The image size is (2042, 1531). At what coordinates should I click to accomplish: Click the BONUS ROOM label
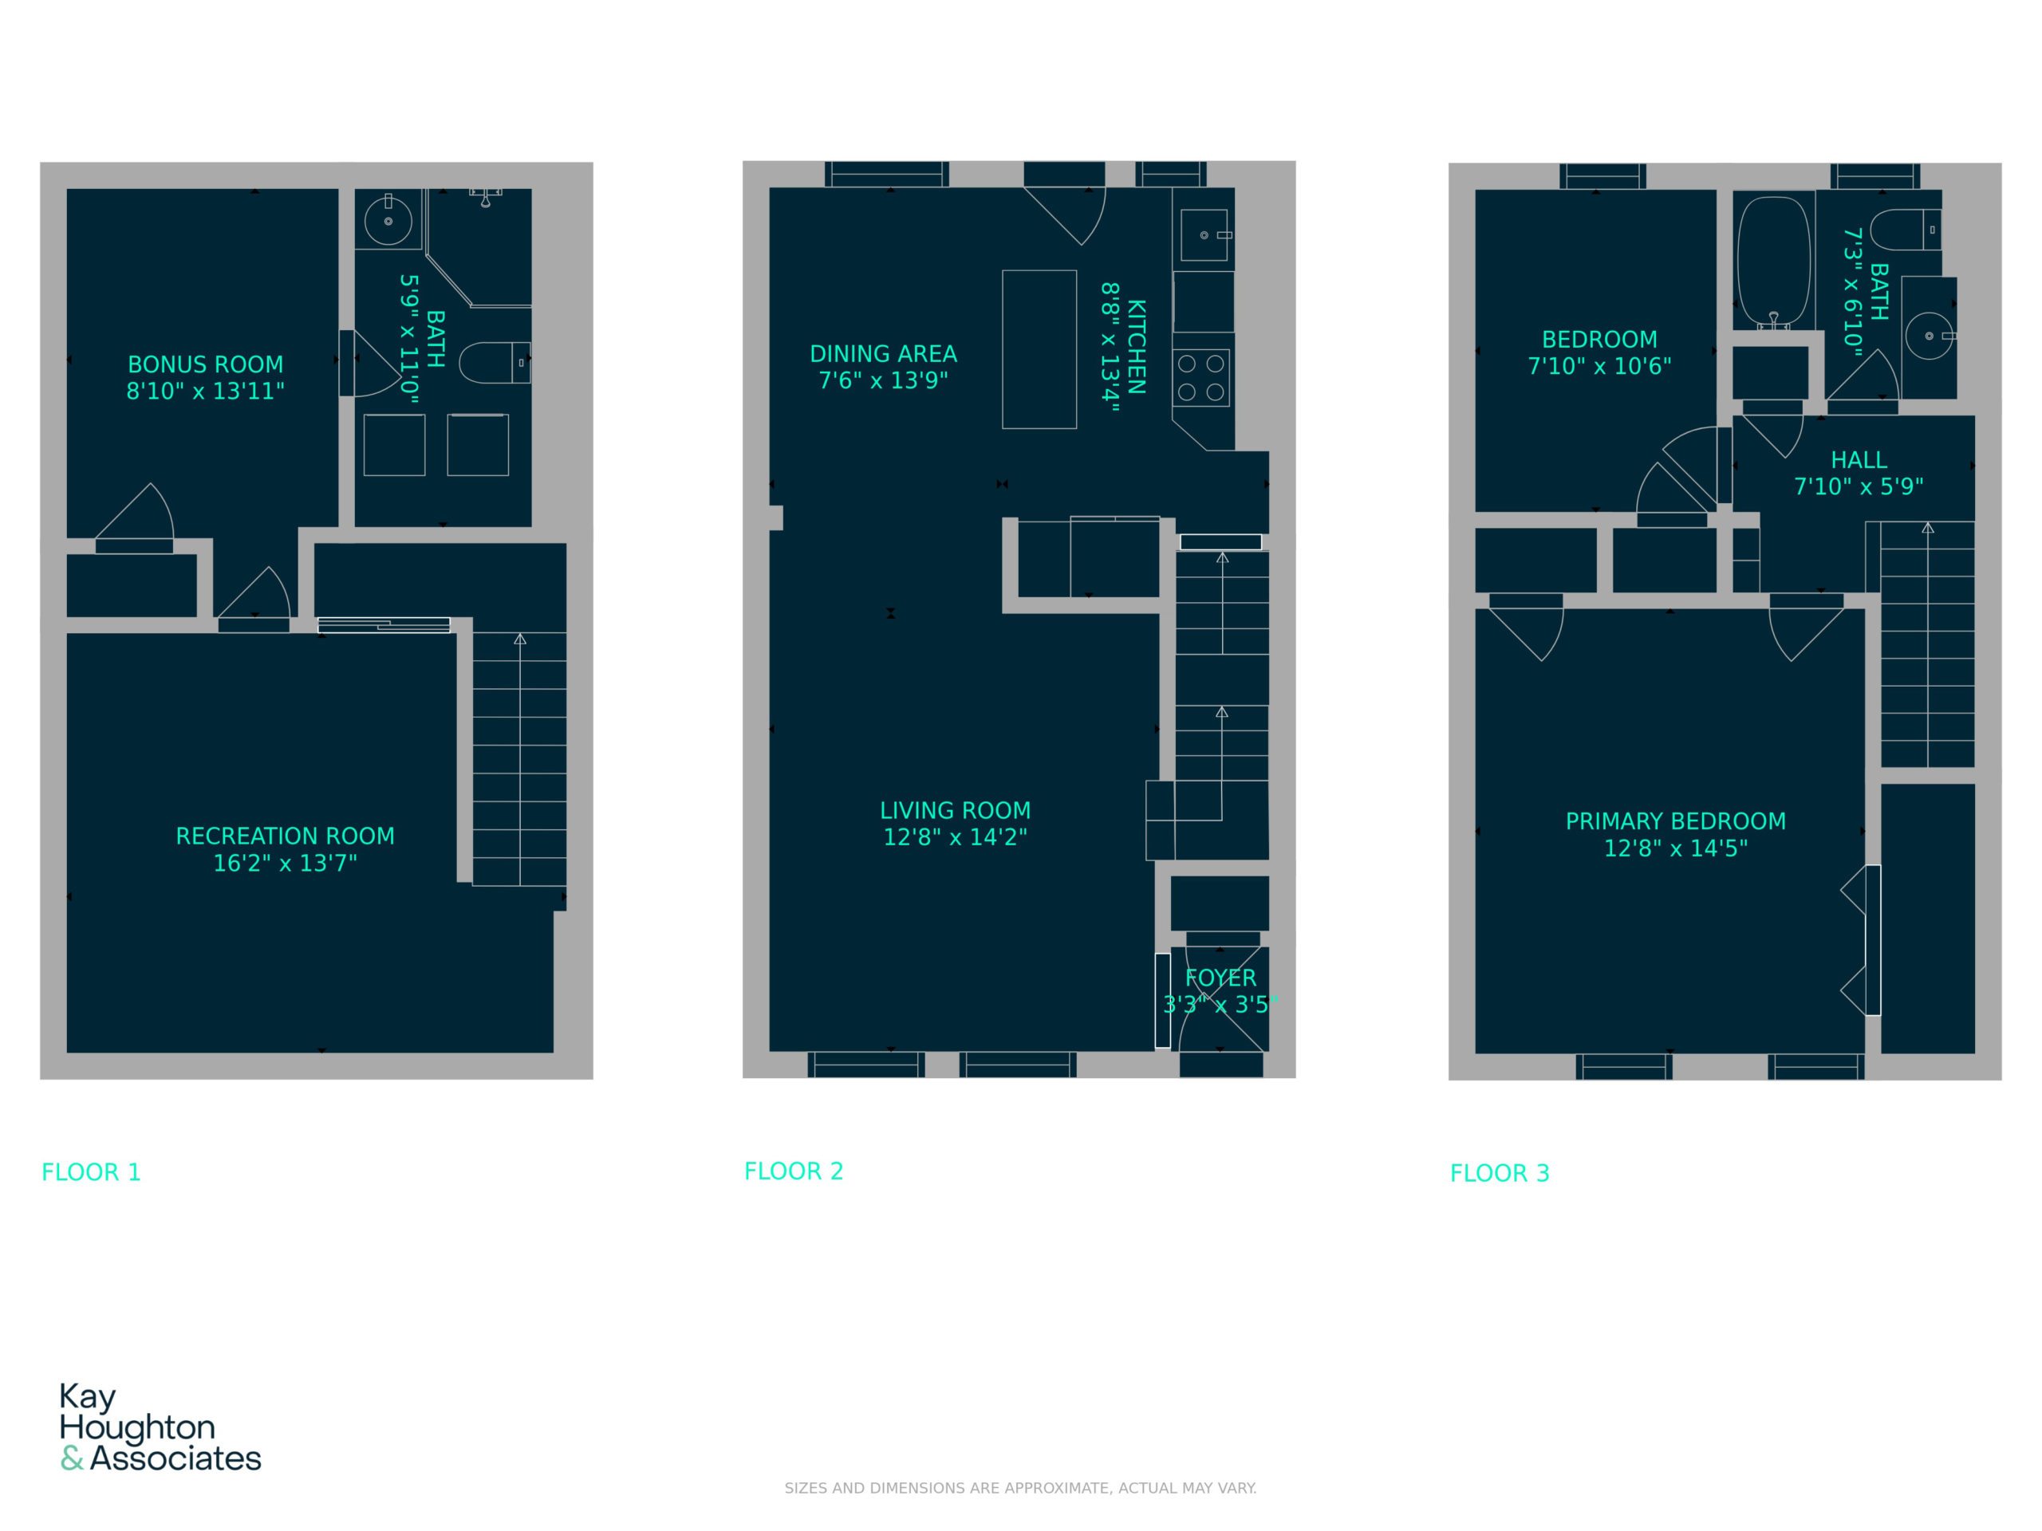(x=205, y=364)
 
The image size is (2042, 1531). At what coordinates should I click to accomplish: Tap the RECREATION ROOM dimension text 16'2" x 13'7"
(x=286, y=863)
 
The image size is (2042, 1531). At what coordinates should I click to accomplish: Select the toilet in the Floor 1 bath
(x=495, y=363)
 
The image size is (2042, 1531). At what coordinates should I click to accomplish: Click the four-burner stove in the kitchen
(x=1201, y=377)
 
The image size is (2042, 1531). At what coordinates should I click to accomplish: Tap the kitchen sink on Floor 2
(x=1204, y=235)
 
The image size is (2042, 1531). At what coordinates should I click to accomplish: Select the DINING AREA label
(x=884, y=354)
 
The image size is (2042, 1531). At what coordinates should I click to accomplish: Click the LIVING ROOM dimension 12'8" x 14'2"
(x=956, y=837)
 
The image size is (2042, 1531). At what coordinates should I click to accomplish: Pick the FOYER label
(x=1220, y=978)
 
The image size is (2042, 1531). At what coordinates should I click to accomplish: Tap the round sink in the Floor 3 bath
(x=1930, y=336)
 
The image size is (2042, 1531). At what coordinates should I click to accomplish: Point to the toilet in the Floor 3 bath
(x=1905, y=230)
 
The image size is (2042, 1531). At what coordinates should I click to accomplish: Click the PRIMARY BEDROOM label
(x=1676, y=821)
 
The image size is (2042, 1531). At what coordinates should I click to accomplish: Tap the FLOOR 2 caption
(x=794, y=1171)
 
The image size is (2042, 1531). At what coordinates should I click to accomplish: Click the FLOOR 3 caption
(x=1499, y=1173)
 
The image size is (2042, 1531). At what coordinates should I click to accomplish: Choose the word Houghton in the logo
(x=137, y=1429)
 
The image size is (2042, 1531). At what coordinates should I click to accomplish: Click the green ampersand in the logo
(x=72, y=1458)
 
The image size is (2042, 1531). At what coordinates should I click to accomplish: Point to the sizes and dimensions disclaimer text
(x=1020, y=1488)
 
